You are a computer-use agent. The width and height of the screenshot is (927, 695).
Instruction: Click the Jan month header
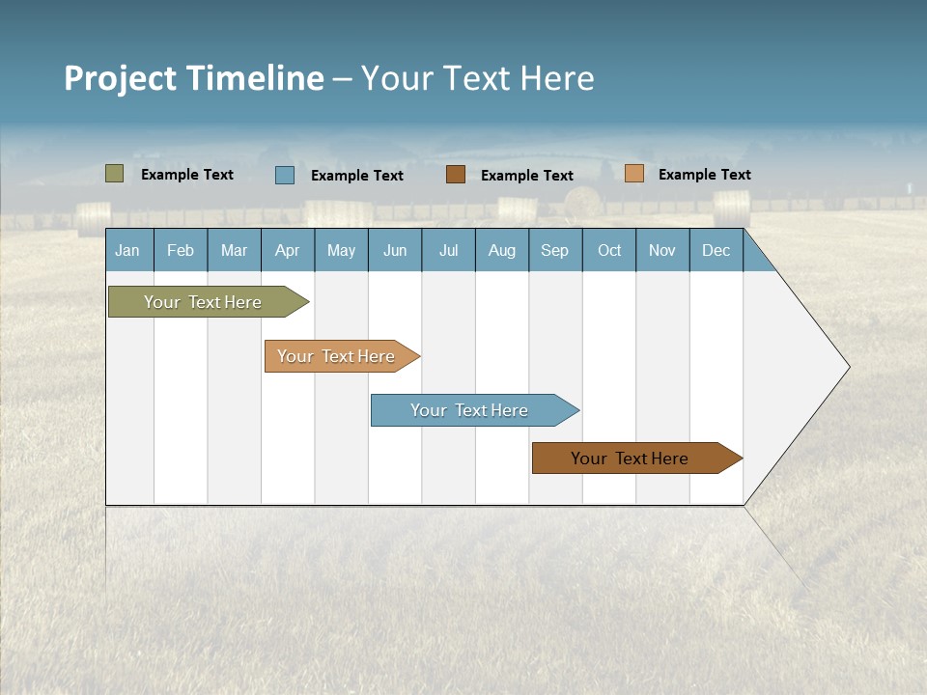(x=128, y=251)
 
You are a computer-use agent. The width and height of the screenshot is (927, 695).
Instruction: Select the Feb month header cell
(x=181, y=251)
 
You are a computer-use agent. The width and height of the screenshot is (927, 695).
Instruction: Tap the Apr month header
(x=288, y=251)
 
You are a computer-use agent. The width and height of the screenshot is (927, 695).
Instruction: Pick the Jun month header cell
(x=395, y=251)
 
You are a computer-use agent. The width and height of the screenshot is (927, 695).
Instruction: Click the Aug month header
(x=502, y=251)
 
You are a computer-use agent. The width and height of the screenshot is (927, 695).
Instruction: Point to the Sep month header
(x=555, y=251)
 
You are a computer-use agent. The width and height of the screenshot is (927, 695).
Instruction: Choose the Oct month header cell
(x=609, y=251)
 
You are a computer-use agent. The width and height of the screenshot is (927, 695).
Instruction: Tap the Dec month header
(x=716, y=251)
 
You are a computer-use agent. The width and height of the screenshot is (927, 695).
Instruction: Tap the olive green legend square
(x=115, y=174)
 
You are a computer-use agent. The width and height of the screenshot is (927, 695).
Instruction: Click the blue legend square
(x=285, y=175)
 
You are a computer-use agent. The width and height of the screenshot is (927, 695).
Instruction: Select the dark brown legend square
(x=456, y=175)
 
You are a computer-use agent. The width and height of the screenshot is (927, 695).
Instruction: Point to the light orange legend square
(x=634, y=174)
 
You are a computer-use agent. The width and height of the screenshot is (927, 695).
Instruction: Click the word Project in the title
(x=121, y=78)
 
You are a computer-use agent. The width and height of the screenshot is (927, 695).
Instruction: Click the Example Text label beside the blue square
(x=357, y=176)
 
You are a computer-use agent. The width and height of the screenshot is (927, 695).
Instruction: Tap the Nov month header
(x=662, y=251)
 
